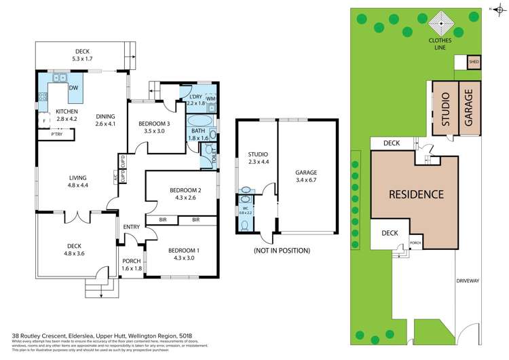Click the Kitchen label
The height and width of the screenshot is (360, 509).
(x=67, y=111)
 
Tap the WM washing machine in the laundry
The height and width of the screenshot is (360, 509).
(x=210, y=99)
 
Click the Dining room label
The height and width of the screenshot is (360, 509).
(x=105, y=115)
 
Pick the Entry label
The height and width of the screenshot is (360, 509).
(x=131, y=228)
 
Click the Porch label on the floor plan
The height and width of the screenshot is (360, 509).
(x=131, y=261)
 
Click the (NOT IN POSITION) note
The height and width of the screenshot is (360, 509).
(x=282, y=250)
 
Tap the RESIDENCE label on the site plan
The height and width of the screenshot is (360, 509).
(x=415, y=194)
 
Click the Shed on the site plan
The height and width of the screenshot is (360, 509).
(x=474, y=63)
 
